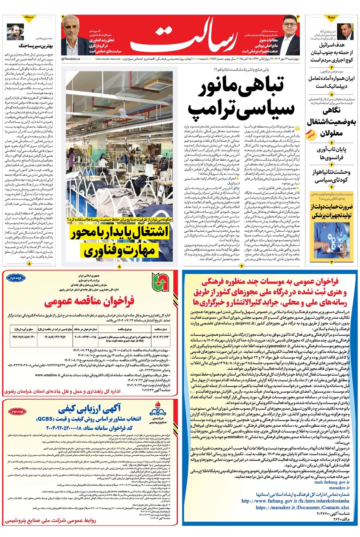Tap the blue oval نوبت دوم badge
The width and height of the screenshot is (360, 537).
coord(16,278)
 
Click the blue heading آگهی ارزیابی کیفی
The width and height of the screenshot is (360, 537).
coord(89,410)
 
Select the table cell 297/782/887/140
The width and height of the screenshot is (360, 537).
coord(23,337)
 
